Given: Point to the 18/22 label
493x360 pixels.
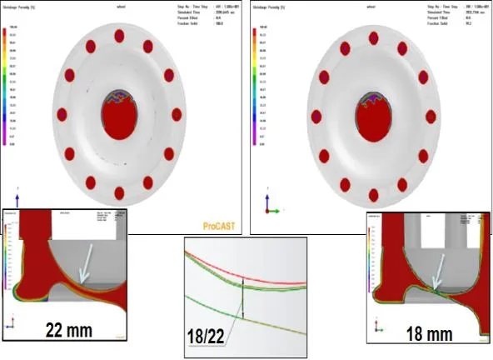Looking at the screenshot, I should (208, 342).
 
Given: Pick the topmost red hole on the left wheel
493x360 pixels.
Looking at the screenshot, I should (118, 36).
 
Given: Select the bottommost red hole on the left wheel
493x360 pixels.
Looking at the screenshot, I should (119, 193).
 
